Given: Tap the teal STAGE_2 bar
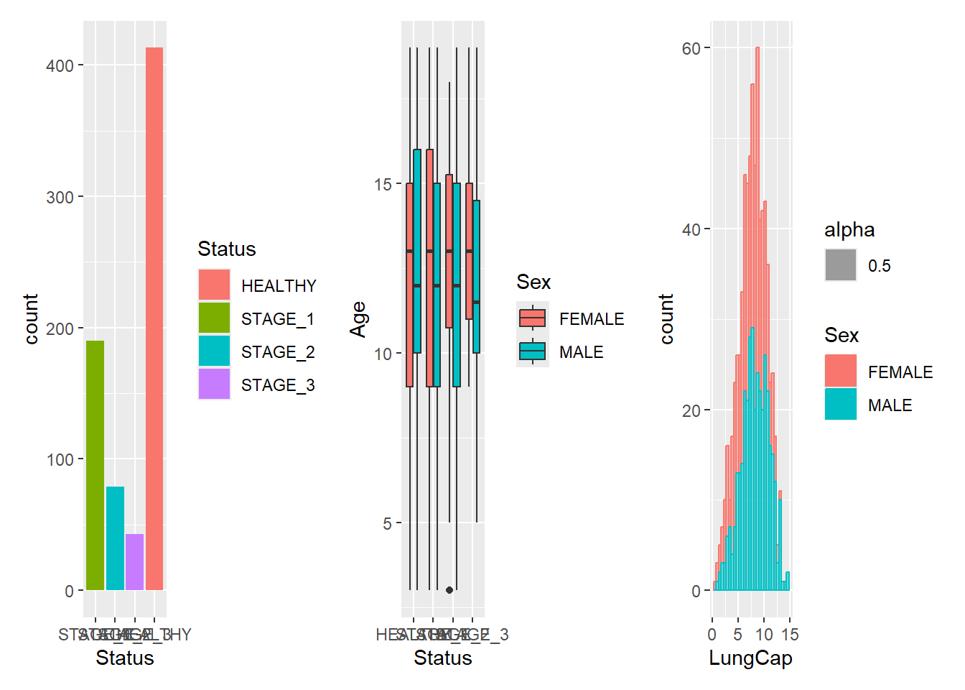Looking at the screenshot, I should (115, 538).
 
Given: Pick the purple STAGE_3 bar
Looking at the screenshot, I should (134, 562).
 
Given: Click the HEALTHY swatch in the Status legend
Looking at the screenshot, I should (214, 285).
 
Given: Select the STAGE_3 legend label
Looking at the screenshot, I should (278, 385).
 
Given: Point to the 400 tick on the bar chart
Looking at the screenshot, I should (60, 66).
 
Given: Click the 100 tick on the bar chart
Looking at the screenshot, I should (60, 460).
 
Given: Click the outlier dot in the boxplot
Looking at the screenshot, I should (449, 590).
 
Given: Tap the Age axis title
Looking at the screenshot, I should (358, 319).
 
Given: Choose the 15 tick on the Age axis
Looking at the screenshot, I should (383, 185).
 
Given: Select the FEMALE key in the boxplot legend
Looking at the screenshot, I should (533, 318).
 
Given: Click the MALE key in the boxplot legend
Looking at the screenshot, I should (533, 351).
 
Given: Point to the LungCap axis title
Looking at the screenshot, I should (750, 658).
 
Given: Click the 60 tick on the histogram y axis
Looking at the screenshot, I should (691, 49).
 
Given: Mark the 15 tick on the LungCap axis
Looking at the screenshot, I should (790, 635).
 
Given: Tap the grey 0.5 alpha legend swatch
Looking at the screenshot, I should (841, 265).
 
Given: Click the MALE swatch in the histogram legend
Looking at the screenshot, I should (841, 404).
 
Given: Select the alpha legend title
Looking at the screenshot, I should (849, 230).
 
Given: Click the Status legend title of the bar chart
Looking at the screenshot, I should (227, 249).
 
